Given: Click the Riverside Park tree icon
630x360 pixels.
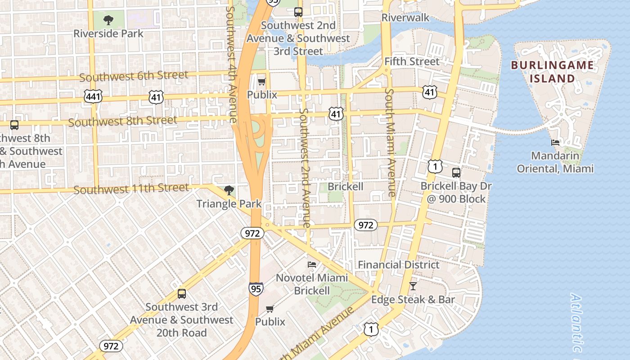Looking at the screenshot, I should pos(108,20).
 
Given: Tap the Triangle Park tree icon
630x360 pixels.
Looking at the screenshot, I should pos(229,190).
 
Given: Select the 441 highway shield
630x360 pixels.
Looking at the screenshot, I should pos(93,96).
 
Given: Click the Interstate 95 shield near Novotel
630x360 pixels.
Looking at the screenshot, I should pos(256,288).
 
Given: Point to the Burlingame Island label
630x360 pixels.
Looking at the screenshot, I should pos(552,72).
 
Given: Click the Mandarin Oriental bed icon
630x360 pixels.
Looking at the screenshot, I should pos(555,143).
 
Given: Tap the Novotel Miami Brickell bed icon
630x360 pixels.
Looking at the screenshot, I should pos(311,264).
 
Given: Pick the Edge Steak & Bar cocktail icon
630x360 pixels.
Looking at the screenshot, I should pos(413,286).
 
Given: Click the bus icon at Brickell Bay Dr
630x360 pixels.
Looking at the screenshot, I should pos(456,172).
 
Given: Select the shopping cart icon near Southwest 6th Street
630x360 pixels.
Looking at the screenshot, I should pos(261,81).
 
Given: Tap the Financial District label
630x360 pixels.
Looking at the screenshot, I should pos(399,265).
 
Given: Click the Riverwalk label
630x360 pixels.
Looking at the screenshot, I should pos(405,18).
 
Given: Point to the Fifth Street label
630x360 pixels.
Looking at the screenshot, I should pos(412,61).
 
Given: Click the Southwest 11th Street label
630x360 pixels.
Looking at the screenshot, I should pos(131,189).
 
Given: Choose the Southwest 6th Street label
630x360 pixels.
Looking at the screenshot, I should pos(134,76).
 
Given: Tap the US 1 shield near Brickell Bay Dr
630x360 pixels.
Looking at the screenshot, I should pos(435,166).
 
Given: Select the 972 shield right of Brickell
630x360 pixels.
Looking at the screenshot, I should pos(365,225).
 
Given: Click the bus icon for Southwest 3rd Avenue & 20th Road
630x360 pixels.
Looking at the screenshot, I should pos(182,293).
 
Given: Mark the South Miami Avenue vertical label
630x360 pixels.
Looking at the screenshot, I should pos(390,142).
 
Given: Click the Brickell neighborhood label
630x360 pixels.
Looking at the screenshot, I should pos(345,186).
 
